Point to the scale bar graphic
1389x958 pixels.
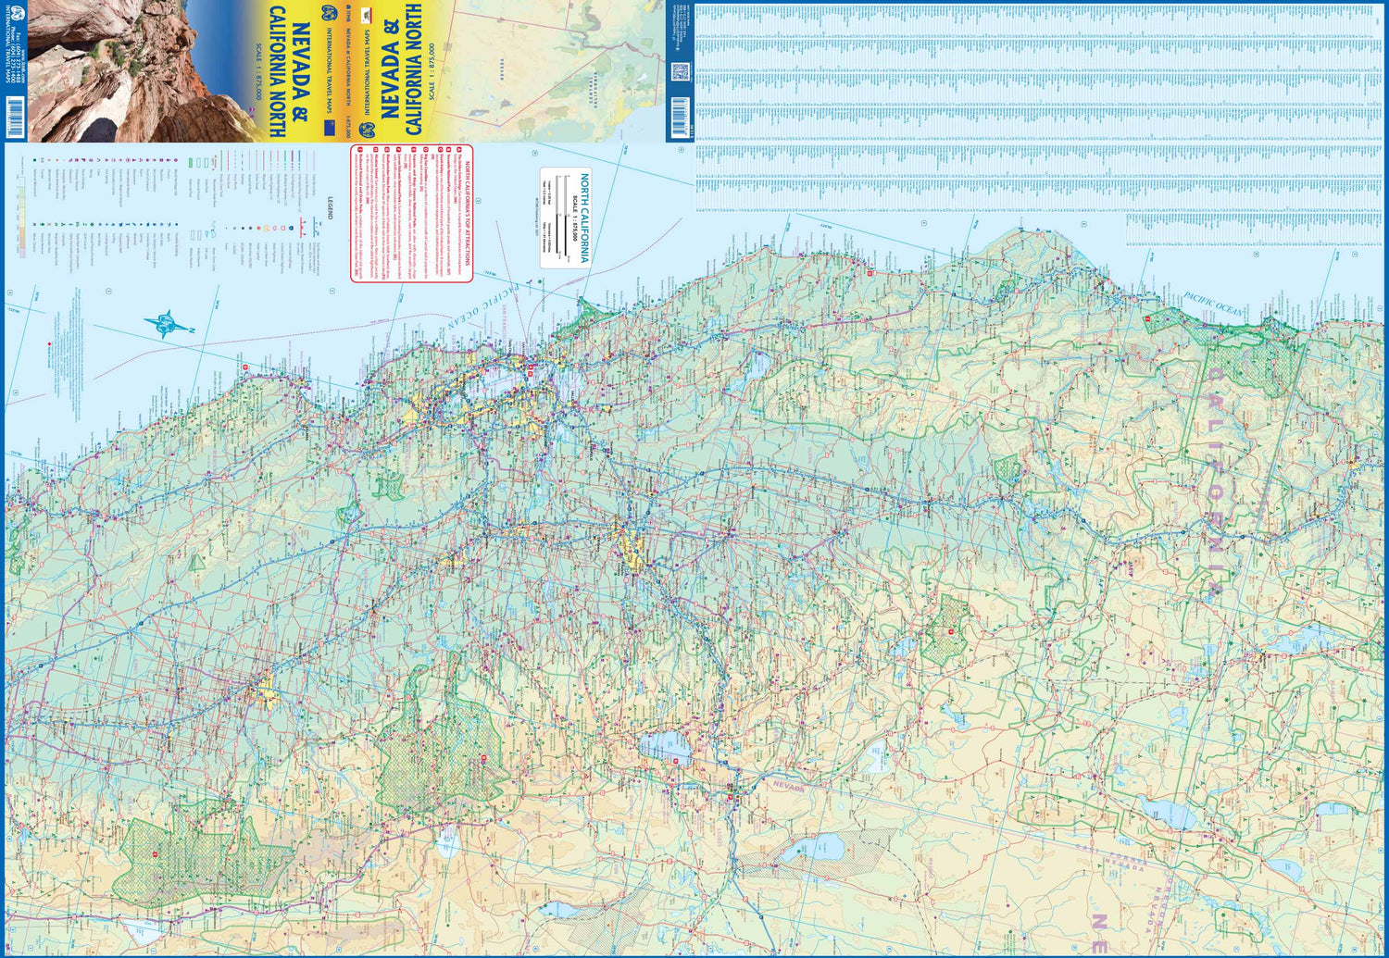tap(559, 218)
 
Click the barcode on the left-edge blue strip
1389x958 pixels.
tap(13, 121)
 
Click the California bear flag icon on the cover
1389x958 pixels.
tap(367, 16)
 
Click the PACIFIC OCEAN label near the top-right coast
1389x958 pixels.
tap(1213, 306)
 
